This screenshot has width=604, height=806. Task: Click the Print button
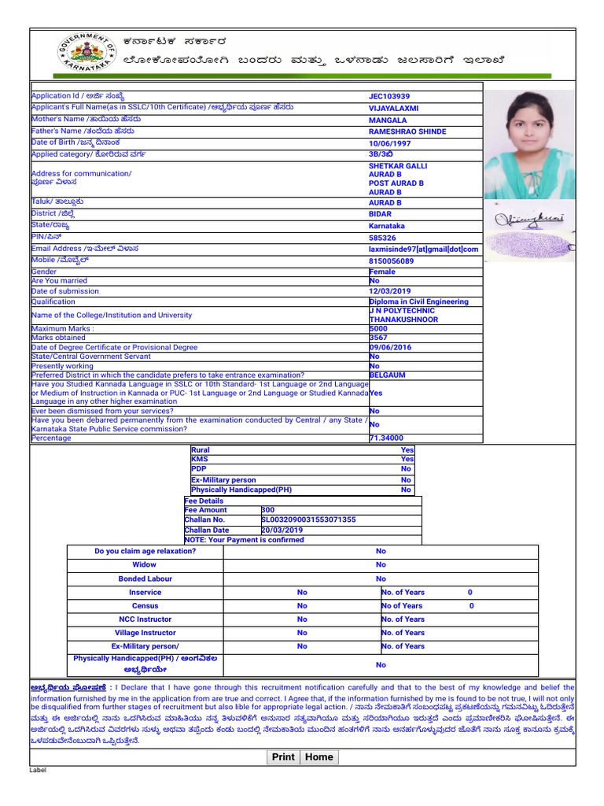(x=283, y=757)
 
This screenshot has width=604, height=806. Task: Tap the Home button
(x=319, y=757)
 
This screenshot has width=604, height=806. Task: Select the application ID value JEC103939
(x=389, y=96)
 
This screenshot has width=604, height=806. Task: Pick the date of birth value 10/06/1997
(x=390, y=143)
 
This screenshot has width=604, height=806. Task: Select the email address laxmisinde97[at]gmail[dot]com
(x=423, y=250)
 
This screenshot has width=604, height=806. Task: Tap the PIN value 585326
(x=382, y=238)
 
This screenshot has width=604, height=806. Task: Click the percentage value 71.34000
(x=386, y=438)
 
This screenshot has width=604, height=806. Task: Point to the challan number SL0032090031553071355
(x=308, y=520)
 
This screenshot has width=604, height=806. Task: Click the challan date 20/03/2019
(x=282, y=531)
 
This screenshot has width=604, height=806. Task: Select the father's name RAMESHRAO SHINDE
(x=407, y=131)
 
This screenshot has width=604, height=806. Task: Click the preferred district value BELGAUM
(x=388, y=375)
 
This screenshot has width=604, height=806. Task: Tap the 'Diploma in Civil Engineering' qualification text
(x=418, y=301)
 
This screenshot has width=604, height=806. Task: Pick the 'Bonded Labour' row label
(x=145, y=579)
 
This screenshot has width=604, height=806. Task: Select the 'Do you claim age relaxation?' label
(x=145, y=551)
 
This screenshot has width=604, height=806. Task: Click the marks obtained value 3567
(x=378, y=338)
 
